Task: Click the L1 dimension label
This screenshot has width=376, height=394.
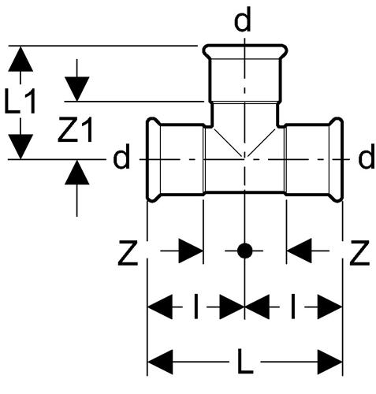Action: [x=20, y=101]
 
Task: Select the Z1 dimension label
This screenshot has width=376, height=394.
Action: [x=76, y=129]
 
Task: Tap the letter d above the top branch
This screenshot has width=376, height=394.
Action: [x=243, y=19]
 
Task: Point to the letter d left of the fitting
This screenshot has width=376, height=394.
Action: [x=121, y=156]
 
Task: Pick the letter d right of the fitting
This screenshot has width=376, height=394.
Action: [x=367, y=156]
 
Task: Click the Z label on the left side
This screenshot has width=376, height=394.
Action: [x=128, y=252]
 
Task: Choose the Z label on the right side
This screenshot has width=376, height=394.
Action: [x=359, y=252]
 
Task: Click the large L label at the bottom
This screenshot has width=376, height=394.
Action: [x=245, y=361]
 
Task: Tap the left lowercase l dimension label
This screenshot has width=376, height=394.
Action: [x=195, y=307]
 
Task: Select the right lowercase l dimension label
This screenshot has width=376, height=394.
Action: [x=293, y=307]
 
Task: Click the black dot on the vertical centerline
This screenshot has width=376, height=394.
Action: [x=244, y=251]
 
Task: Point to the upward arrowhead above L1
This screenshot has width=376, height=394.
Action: [x=20, y=59]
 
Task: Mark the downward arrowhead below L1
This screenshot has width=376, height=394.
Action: [x=20, y=147]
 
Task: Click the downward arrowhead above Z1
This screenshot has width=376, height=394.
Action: [x=76, y=89]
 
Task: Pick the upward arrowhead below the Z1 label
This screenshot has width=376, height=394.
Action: [x=76, y=173]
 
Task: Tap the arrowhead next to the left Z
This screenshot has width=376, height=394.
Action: [x=191, y=251]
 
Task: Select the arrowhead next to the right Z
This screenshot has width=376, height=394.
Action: [x=299, y=251]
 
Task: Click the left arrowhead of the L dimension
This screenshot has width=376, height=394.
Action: [x=160, y=362]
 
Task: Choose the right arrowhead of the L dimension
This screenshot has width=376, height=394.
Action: [x=329, y=362]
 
